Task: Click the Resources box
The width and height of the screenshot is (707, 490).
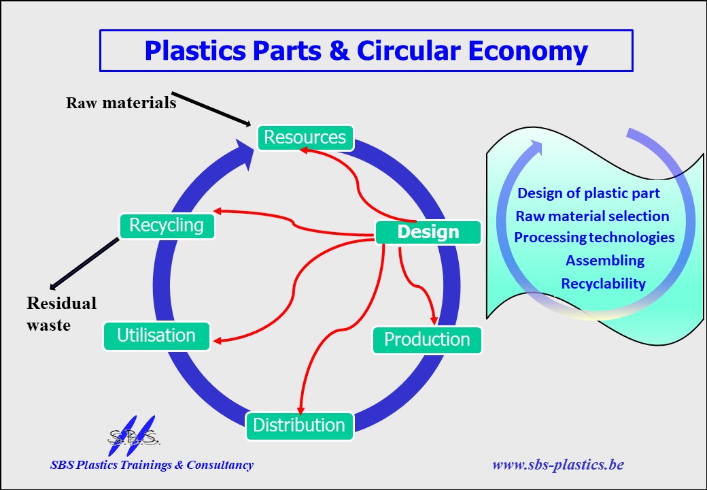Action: tap(305, 137)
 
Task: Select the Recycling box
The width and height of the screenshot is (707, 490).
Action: tap(167, 225)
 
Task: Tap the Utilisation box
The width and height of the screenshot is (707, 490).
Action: tap(156, 336)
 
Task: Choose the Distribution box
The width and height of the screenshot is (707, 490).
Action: tap(299, 425)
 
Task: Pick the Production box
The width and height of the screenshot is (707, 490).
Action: tap(427, 340)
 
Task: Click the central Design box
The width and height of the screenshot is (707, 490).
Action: tap(428, 232)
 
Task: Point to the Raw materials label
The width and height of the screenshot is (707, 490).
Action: tap(121, 103)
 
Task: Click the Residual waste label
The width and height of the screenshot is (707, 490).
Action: tap(61, 314)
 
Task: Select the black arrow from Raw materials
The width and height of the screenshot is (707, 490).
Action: tap(211, 109)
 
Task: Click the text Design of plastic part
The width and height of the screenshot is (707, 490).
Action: tap(589, 193)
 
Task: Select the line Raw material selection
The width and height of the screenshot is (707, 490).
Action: tap(592, 216)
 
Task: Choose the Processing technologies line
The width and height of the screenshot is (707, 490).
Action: tap(594, 238)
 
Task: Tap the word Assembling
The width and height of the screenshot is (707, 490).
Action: tap(605, 261)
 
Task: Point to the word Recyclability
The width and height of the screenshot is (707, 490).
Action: tap(603, 284)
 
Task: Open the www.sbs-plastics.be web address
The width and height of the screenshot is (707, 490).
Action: tap(557, 465)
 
